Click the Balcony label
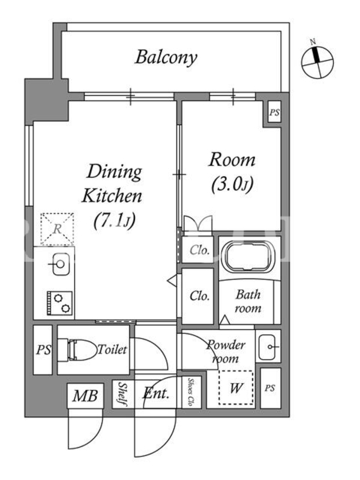coord(166,58)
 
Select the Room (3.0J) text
coord(232,172)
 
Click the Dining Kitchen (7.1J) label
coord(113,196)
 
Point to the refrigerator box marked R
coord(57,229)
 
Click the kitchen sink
coord(61,264)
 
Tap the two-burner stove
coord(59,303)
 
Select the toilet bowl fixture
coord(78,350)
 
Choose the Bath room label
coord(248,301)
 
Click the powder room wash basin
coord(268,347)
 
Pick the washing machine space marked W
coord(236,388)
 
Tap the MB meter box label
coord(85,396)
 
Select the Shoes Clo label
coord(191,392)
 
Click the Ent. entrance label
coord(156,393)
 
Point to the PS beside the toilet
coord(43,350)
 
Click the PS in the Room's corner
coord(274,112)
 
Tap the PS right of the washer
coord(269,388)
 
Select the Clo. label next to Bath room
coord(200,296)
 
